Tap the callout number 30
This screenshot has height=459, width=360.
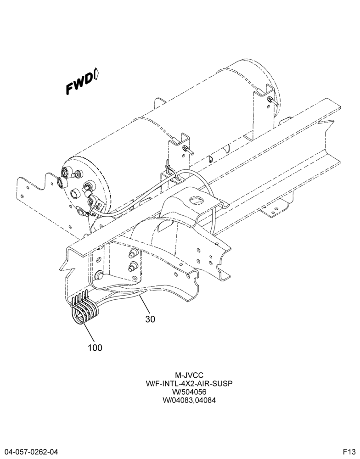click(x=150, y=319)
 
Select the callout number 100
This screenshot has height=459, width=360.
click(x=95, y=348)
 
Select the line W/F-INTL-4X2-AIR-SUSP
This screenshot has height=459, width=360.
click(x=189, y=383)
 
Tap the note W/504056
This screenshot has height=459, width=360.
click(x=189, y=392)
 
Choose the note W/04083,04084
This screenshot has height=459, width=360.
click(x=189, y=400)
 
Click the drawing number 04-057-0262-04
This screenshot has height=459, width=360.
click(x=29, y=452)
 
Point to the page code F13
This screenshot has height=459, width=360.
click(x=350, y=452)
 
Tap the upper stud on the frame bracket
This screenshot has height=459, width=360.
click(x=133, y=253)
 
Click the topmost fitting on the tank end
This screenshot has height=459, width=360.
click(x=67, y=172)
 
